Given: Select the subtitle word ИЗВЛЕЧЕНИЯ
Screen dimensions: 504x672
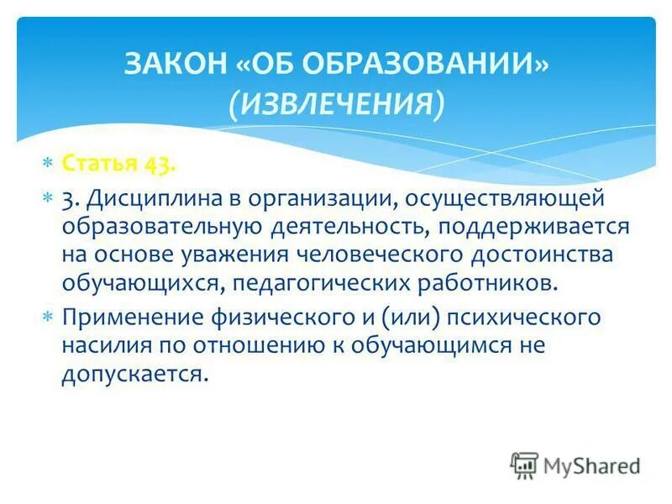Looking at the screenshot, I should [335, 104].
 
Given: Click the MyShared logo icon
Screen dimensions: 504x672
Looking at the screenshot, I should [524, 465].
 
